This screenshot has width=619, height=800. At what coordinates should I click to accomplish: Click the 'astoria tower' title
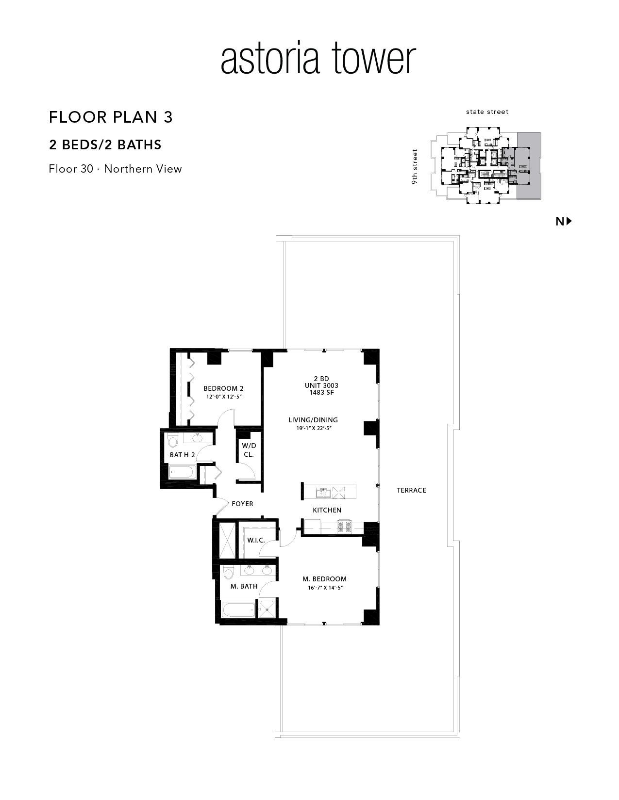pyautogui.click(x=318, y=59)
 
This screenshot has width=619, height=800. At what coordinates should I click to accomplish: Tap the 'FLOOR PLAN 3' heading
pyautogui.click(x=111, y=117)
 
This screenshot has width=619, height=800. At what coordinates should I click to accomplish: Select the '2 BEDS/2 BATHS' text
pyautogui.click(x=105, y=144)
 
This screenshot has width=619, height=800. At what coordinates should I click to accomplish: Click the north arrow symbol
pyautogui.click(x=569, y=221)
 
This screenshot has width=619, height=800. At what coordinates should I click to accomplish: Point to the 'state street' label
pyautogui.click(x=487, y=112)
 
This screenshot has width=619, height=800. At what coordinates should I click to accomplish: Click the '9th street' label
pyautogui.click(x=415, y=166)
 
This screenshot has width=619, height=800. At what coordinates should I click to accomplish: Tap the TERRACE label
pyautogui.click(x=411, y=490)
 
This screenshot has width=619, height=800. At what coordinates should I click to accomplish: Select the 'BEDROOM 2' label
pyautogui.click(x=223, y=388)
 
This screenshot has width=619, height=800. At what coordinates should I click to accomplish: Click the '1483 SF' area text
pyautogui.click(x=322, y=392)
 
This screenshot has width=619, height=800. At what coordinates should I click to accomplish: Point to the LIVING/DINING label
pyautogui.click(x=313, y=420)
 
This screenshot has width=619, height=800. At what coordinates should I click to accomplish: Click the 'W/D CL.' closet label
pyautogui.click(x=249, y=450)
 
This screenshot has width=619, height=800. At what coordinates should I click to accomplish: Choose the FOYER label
pyautogui.click(x=242, y=504)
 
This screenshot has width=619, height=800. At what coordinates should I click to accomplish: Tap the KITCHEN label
pyautogui.click(x=327, y=510)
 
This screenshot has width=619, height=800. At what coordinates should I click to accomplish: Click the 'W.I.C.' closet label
pyautogui.click(x=256, y=540)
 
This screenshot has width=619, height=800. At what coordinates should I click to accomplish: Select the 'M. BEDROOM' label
pyautogui.click(x=324, y=579)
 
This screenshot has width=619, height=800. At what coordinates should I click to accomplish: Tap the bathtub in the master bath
pyautogui.click(x=238, y=610)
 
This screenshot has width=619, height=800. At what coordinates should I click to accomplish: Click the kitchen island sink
pyautogui.click(x=324, y=492)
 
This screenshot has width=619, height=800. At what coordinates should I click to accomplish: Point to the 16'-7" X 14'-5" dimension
pyautogui.click(x=326, y=588)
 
